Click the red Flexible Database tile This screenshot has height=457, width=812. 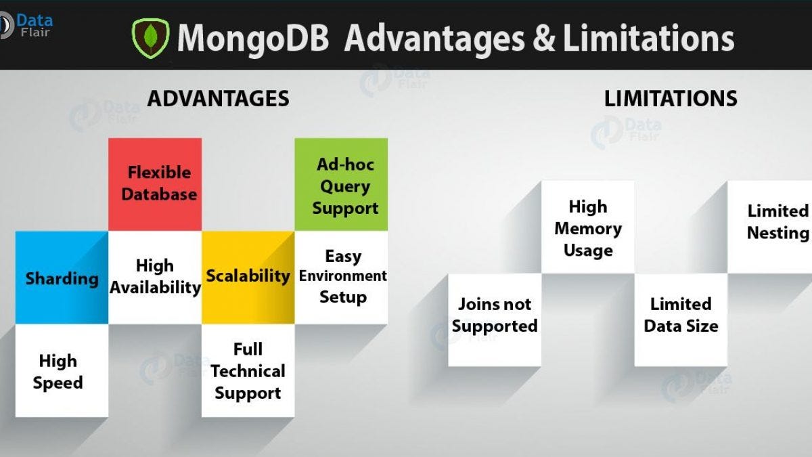(155, 184)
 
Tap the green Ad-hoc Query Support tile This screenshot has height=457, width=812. (341, 185)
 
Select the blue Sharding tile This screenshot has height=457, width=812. (62, 278)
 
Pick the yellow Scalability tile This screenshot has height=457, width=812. (248, 277)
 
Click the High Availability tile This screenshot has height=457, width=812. (155, 277)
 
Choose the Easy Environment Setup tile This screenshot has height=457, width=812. (341, 277)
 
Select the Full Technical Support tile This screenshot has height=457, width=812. (248, 371)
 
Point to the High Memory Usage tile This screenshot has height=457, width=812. (588, 227)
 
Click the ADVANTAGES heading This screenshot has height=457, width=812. (218, 99)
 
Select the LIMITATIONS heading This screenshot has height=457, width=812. (671, 99)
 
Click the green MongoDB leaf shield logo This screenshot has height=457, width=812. (150, 37)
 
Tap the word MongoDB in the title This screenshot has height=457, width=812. (253, 38)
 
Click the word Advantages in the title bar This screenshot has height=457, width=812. (434, 38)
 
